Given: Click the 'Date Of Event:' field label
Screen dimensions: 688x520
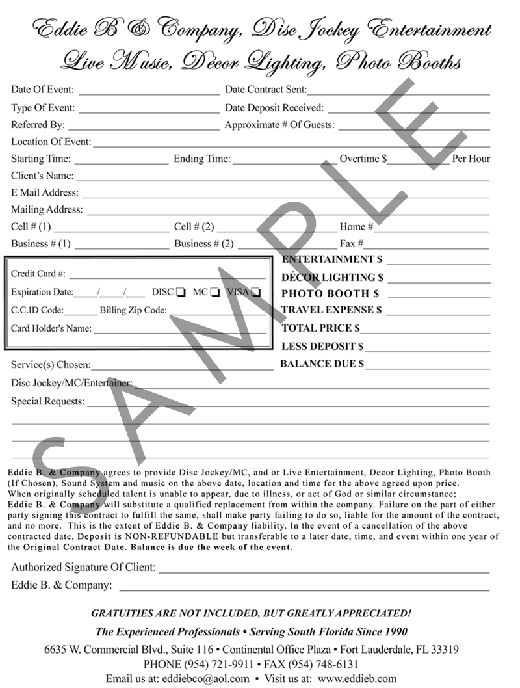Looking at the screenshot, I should [42, 90].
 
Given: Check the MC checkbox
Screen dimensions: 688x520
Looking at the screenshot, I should [215, 293].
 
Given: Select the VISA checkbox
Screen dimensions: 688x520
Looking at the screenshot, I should [257, 293].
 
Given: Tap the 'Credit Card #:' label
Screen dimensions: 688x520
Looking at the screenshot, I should [38, 274].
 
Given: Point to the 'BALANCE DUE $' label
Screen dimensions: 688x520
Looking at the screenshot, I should [322, 364].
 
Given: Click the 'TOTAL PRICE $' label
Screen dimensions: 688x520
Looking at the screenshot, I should [320, 329].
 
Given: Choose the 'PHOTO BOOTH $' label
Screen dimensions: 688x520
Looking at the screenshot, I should [330, 294].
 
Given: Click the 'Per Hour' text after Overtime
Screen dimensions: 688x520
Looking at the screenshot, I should [471, 159].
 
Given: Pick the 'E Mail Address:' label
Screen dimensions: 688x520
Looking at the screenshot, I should [45, 193].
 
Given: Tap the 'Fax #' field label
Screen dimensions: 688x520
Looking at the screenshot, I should [351, 245].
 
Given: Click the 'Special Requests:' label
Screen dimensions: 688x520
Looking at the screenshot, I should [47, 402].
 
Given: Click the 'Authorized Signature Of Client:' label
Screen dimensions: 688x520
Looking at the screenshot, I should [83, 568].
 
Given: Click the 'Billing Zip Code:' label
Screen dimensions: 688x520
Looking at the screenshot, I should [133, 311].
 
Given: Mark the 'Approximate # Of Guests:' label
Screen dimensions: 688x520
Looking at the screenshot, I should [279, 125].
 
